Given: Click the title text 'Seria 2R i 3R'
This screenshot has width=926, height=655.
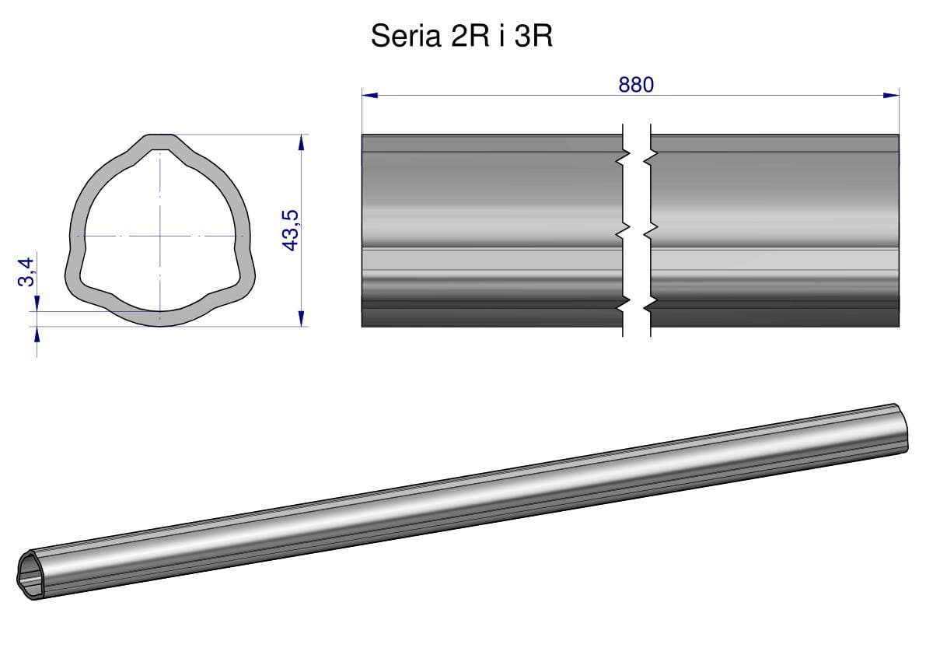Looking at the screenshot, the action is point(461,36).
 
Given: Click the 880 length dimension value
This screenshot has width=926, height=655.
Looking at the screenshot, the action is point(636,85).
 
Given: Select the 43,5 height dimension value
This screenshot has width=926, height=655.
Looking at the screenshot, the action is point(291,229).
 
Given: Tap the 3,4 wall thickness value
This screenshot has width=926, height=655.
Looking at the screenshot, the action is point(26,271).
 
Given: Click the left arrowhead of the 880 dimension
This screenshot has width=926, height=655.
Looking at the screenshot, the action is point(369,95).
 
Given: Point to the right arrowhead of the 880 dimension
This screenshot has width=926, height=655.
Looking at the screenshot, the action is point(891,95).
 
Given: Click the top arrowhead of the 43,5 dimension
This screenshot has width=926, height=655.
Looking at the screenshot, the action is point(301,143).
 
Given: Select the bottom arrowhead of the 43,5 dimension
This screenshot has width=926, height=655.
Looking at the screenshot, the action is point(301,317).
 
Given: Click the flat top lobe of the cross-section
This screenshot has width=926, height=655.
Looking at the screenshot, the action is point(161,142).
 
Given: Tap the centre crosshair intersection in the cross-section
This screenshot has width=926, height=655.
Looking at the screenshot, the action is point(160,236).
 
